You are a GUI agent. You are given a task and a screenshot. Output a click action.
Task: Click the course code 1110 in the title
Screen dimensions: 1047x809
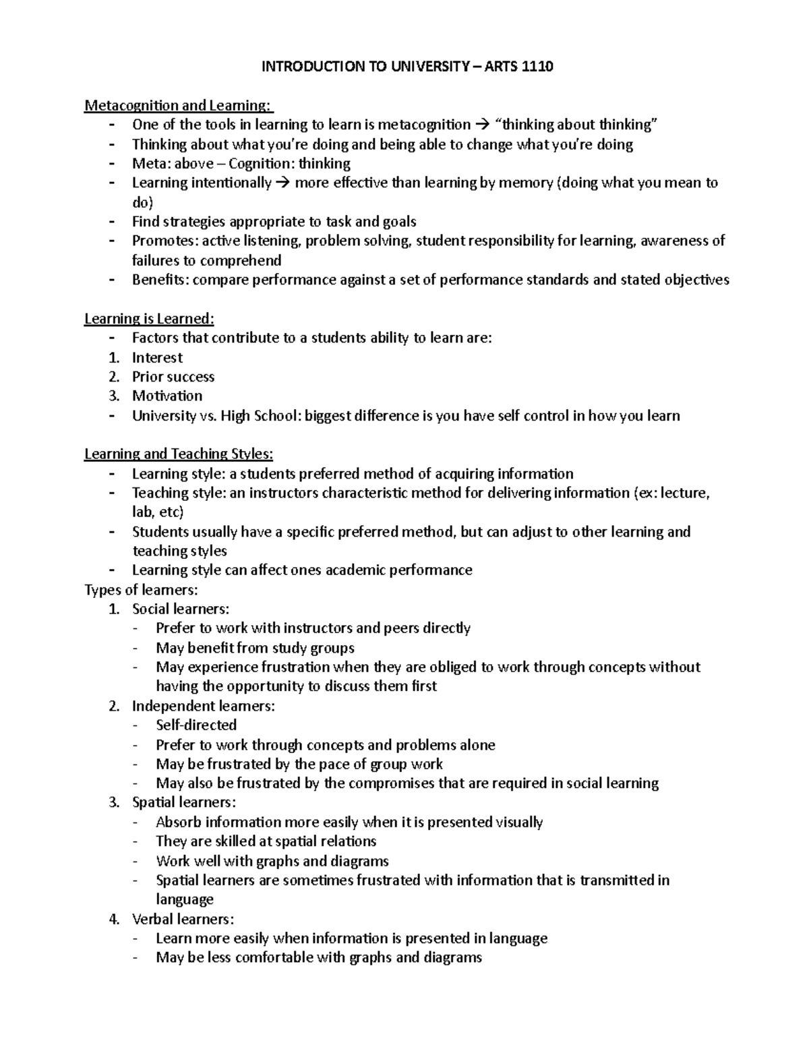(537, 66)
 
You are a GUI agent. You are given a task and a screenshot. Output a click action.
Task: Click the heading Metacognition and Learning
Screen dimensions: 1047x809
(179, 105)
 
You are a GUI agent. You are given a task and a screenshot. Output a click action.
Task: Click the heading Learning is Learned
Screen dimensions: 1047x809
(149, 318)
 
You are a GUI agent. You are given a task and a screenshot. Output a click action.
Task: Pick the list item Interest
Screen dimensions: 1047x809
(157, 357)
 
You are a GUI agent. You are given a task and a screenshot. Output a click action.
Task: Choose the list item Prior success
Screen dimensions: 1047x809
(173, 377)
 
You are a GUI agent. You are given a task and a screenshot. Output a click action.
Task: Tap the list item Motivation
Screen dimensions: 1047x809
(167, 396)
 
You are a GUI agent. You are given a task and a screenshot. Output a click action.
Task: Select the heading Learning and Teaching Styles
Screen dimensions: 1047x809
(179, 454)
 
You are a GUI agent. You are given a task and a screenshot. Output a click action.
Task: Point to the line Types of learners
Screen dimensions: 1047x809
(141, 590)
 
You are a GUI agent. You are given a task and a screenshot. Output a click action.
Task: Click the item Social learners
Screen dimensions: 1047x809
(181, 609)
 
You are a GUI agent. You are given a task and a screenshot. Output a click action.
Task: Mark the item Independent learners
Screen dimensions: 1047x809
(204, 706)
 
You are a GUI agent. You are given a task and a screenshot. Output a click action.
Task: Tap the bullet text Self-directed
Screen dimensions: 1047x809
(196, 725)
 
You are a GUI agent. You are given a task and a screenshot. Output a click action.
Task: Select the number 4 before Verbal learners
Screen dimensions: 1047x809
(114, 919)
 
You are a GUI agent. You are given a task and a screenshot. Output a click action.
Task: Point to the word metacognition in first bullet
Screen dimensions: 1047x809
(424, 125)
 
